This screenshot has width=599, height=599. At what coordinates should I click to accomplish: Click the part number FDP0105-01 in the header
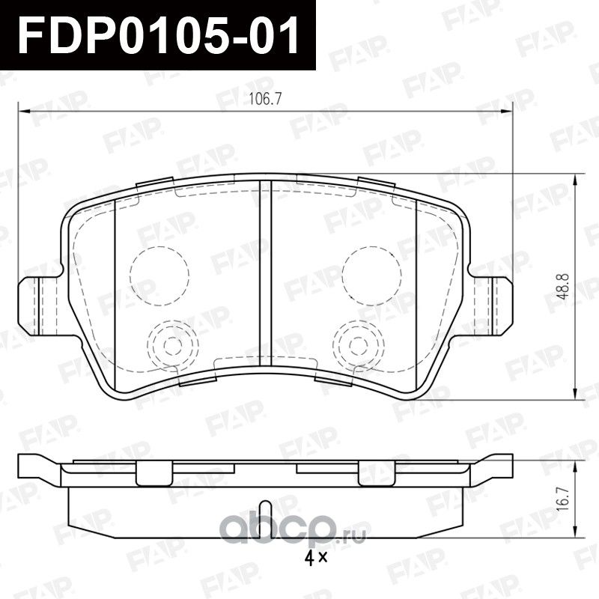[158, 35]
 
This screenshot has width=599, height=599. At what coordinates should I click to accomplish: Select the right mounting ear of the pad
[493, 305]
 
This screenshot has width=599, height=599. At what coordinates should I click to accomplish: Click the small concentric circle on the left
[172, 345]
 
